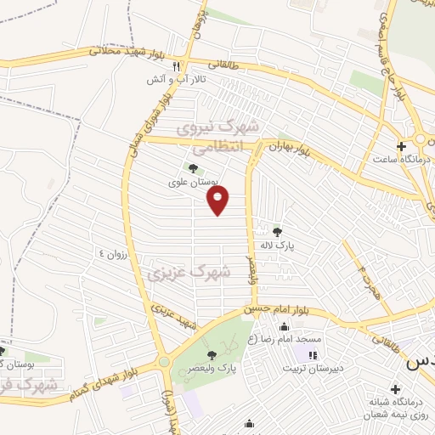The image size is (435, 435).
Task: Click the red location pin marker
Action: (219, 201)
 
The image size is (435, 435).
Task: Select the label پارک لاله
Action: (276, 245)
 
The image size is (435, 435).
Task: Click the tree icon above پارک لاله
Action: (276, 230)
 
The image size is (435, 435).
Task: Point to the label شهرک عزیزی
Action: (189, 274)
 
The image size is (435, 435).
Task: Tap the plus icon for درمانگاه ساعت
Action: (401, 145)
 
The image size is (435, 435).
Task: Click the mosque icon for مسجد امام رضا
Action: (283, 328)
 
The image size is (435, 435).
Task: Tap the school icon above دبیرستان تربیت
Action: (313, 354)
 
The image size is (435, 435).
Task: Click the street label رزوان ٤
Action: (113, 252)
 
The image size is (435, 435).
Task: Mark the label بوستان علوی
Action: (192, 181)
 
